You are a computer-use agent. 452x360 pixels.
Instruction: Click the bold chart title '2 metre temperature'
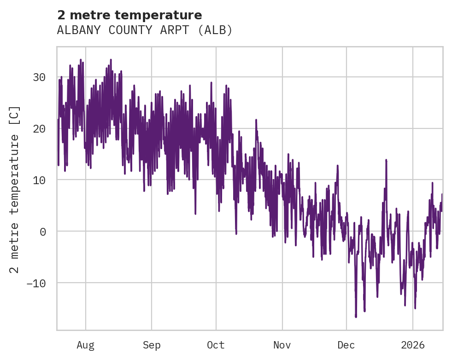129,15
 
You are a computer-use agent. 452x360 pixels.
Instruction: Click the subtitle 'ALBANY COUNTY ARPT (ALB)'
145,30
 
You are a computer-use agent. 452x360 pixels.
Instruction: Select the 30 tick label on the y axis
39,77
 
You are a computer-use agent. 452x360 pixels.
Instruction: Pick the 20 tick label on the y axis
39,128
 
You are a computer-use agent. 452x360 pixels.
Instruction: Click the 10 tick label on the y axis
39,180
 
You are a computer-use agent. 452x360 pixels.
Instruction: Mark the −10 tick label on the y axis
36,283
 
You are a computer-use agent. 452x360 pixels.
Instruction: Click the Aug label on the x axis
86,345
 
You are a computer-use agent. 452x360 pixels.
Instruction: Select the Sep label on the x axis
152,345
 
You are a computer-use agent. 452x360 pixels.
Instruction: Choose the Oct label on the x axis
216,345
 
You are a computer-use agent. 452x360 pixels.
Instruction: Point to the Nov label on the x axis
282,345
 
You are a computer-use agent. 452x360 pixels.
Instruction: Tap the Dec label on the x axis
346,345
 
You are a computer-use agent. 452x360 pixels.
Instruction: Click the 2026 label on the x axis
413,345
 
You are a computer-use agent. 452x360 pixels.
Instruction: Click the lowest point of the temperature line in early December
356,317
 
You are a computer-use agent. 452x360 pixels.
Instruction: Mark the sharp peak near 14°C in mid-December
386,160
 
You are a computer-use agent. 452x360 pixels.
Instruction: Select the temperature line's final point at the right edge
442,194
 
